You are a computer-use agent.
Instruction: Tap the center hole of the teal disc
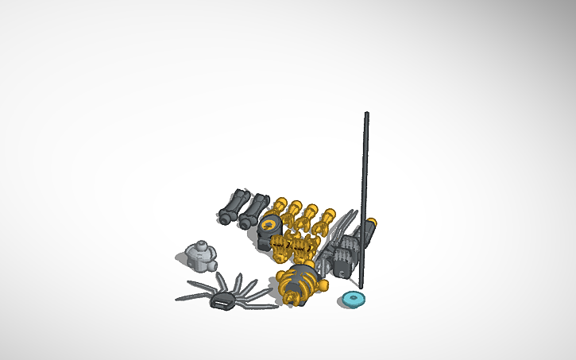coord(354,299)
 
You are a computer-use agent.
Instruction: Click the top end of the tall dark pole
coord(366,115)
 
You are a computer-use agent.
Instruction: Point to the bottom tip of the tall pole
coord(361,286)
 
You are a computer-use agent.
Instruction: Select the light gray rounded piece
coord(201,256)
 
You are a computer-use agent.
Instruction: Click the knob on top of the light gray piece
coord(202,243)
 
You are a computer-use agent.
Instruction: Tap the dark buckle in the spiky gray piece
coord(222,302)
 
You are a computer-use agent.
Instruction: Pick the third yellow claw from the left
coord(309,218)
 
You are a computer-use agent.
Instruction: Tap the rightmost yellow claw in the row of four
coord(325,222)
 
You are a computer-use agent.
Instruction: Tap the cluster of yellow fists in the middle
coord(291,248)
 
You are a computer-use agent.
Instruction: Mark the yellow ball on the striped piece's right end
coord(321,285)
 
